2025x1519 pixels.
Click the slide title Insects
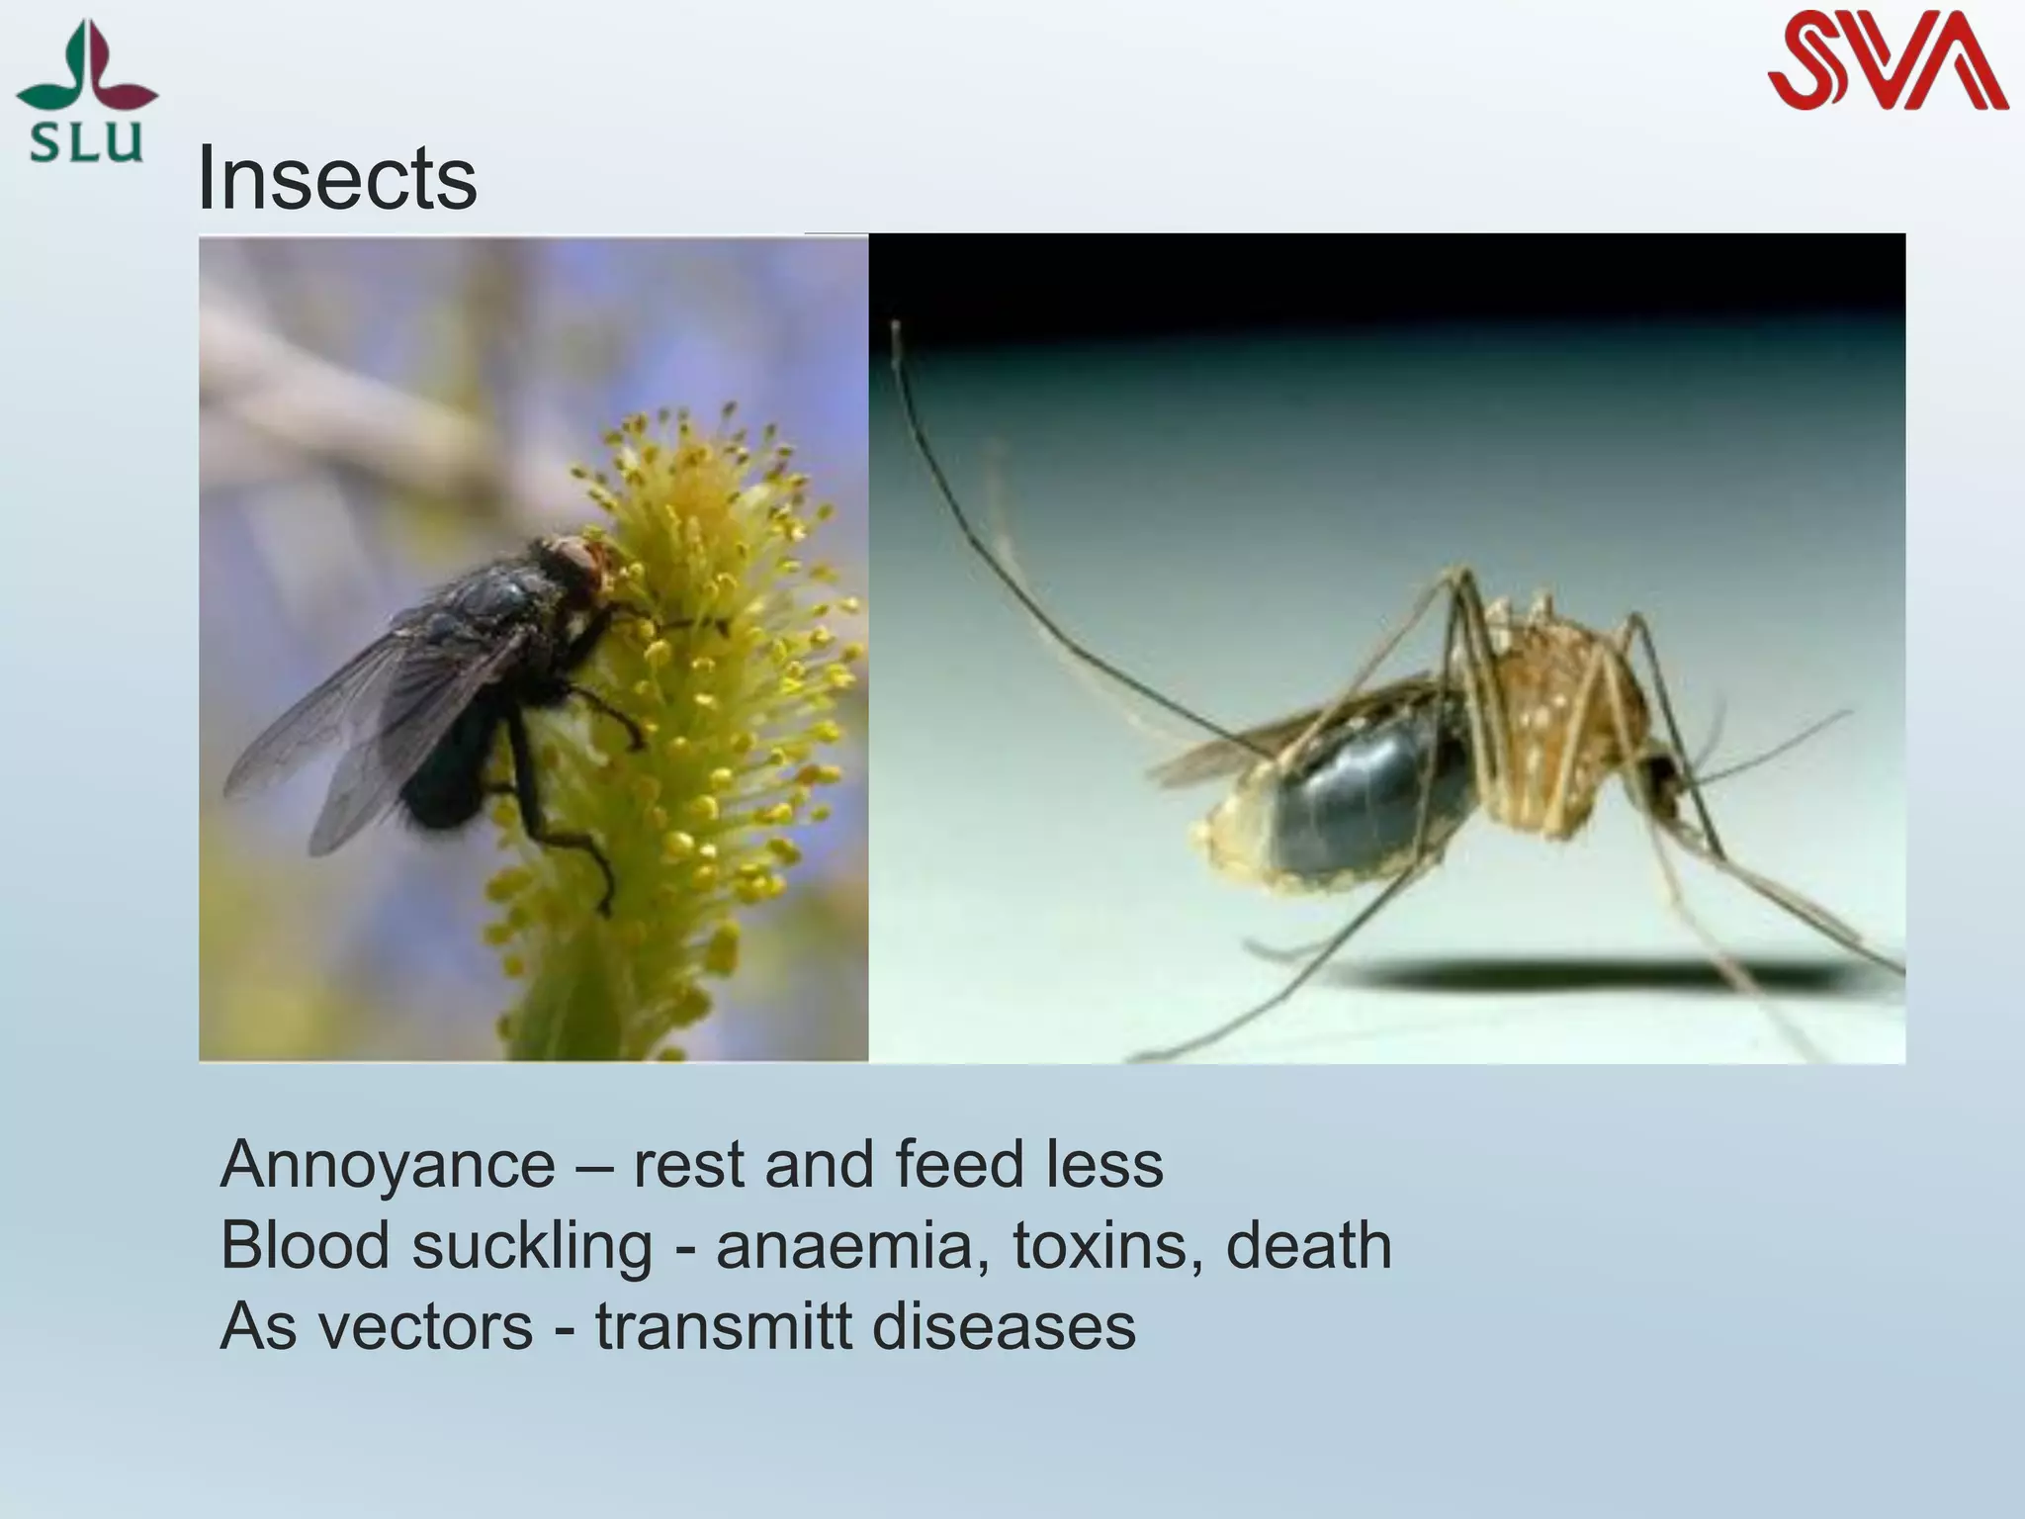tap(337, 179)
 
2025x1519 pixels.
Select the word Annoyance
tap(388, 1165)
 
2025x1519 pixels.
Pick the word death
tap(1308, 1245)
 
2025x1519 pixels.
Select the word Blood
tap(305, 1245)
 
